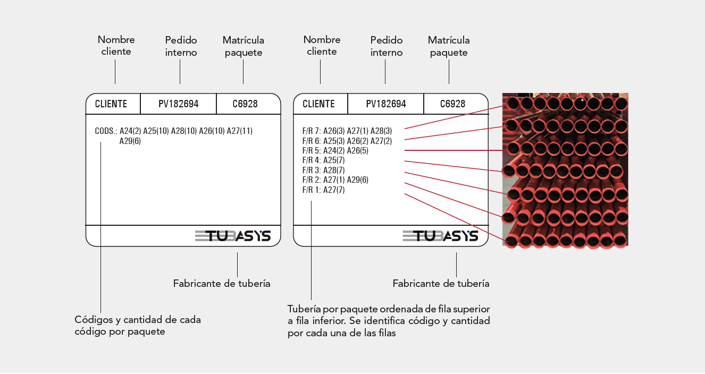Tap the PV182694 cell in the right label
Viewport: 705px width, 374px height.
point(386,104)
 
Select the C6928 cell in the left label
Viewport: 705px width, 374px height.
point(245,104)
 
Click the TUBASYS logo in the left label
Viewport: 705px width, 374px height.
point(232,235)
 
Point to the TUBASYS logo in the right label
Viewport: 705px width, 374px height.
point(440,235)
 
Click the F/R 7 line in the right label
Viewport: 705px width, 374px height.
point(347,131)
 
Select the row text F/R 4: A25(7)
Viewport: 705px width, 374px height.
point(324,160)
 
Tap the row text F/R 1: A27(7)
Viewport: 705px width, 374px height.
point(324,190)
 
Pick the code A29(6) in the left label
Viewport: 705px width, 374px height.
point(130,141)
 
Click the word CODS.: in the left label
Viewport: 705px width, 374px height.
point(106,131)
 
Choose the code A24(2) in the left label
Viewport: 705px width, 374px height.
point(130,131)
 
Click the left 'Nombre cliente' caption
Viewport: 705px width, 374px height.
point(116,46)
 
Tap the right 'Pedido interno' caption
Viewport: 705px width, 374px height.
point(387,46)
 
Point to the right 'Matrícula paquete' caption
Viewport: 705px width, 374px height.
point(449,46)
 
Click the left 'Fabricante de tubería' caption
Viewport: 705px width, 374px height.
point(222,283)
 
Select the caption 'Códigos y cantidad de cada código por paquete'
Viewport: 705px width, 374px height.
point(138,325)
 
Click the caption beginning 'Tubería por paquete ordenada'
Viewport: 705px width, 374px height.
point(389,321)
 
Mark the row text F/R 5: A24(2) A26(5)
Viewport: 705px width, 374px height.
point(335,150)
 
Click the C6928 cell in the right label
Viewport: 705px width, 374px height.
point(452,104)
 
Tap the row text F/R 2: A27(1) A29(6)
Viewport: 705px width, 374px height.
point(335,180)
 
